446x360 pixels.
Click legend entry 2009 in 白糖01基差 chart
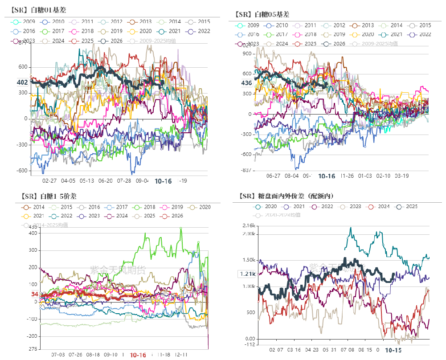pyautogui.click(x=25, y=21)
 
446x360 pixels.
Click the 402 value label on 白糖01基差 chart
pyautogui.click(x=22, y=82)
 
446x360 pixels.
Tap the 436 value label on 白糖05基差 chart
pyautogui.click(x=246, y=83)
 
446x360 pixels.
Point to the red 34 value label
pyautogui.click(x=35, y=294)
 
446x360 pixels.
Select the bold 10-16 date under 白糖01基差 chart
pyautogui.click(x=163, y=181)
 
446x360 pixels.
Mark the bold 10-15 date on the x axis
pyautogui.click(x=393, y=351)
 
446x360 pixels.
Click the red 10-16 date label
pyautogui.click(x=138, y=355)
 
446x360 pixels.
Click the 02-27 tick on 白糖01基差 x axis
pyautogui.click(x=49, y=181)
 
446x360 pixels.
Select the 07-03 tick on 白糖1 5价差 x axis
pyautogui.click(x=58, y=355)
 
